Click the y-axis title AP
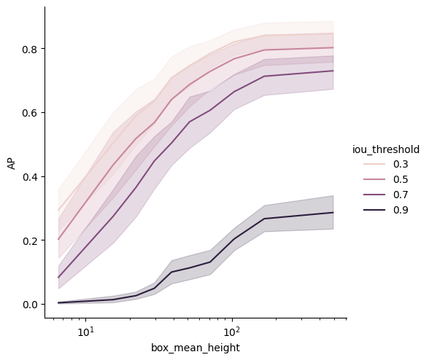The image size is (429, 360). click(12, 165)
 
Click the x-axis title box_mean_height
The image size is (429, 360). click(196, 348)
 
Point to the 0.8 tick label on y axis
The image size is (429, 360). click(29, 50)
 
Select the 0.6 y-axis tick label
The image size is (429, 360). click(29, 113)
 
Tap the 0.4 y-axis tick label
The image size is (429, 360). click(29, 177)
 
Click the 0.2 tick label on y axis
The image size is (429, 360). click(29, 240)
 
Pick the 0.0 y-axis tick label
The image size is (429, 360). click(29, 305)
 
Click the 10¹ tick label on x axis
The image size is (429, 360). click(85, 332)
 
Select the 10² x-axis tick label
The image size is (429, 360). click(232, 332)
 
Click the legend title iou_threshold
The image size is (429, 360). click(386, 149)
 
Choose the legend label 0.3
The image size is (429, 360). click(401, 164)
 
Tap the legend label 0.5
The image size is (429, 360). click(401, 179)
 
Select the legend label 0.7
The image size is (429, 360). click(401, 195)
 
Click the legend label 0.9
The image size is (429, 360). click(401, 210)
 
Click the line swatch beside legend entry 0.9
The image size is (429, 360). click(374, 210)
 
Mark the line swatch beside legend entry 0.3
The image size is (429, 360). click(374, 164)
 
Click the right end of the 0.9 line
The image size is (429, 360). click(333, 212)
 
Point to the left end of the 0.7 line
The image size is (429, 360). click(58, 278)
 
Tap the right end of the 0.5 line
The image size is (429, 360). click(333, 47)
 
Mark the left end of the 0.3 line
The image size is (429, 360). click(58, 210)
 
